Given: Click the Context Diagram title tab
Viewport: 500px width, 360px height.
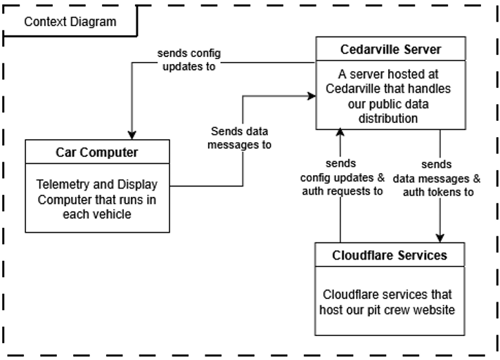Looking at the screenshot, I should tap(70, 21).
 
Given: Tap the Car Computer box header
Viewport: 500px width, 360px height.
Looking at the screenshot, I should tap(97, 152).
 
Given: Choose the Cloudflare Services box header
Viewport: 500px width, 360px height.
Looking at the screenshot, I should tap(389, 255).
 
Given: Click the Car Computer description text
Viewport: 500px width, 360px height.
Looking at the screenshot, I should tap(97, 199).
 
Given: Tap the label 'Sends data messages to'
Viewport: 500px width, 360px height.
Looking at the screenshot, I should tap(239, 139).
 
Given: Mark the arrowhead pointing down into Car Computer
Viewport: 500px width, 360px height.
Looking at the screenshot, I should tap(132, 135).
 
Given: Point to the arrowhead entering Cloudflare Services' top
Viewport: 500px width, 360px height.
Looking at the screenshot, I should tap(440, 239).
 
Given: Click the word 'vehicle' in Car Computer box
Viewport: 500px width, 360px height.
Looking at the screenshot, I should tap(112, 213).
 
